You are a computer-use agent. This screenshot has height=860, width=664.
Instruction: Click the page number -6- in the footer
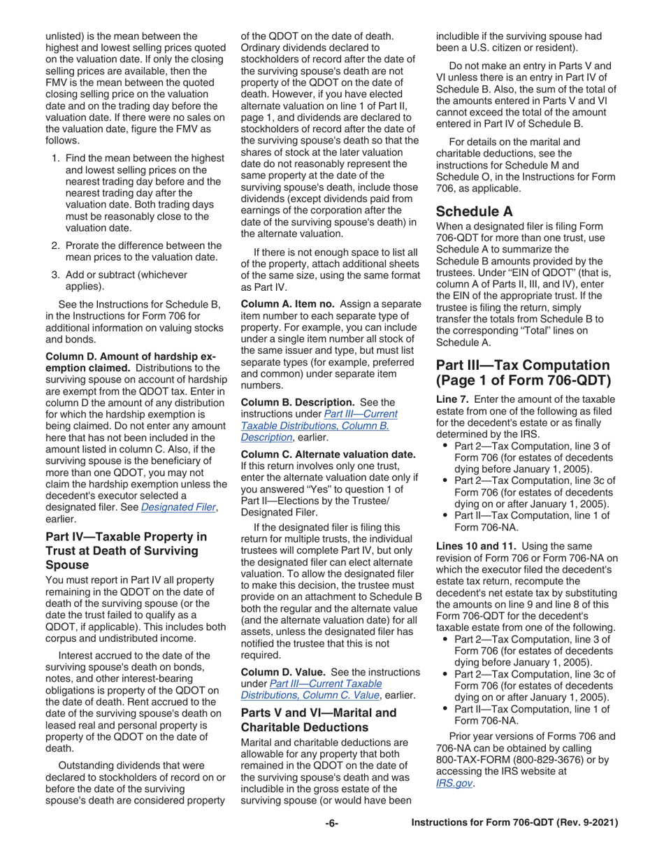[x=331, y=824]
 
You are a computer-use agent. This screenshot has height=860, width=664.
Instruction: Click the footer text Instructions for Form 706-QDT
[x=515, y=824]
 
